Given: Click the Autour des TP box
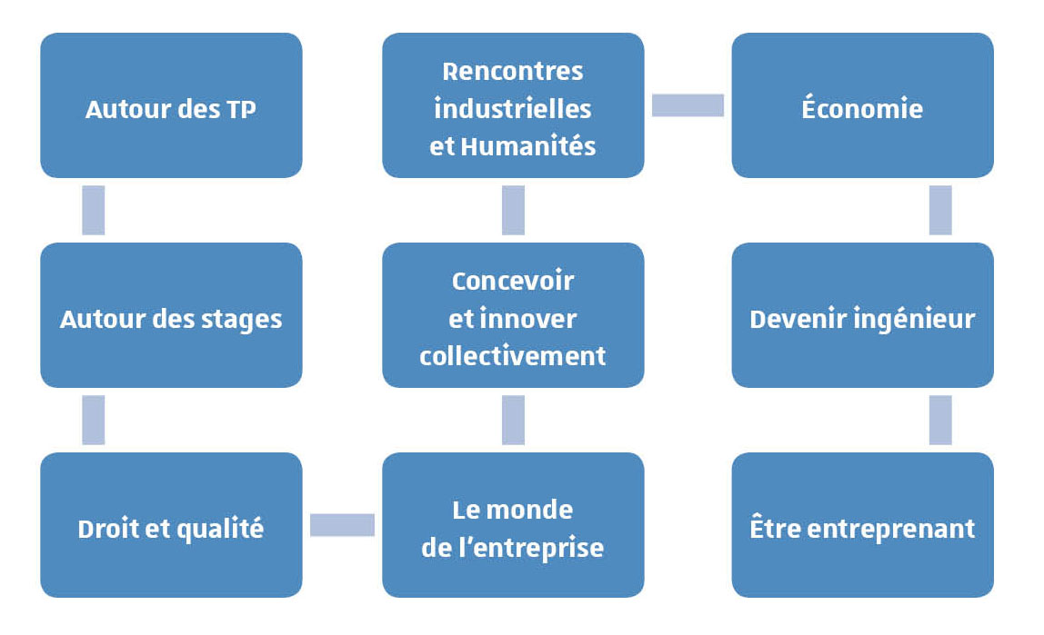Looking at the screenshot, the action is point(171,105).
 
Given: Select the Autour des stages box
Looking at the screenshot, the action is point(171,315).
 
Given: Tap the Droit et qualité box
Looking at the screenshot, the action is point(171,524).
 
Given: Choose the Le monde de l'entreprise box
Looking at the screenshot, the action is point(513,524).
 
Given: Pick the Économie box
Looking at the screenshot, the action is point(862,105).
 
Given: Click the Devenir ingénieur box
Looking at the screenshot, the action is point(862,315).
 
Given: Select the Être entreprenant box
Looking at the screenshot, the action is point(862,524).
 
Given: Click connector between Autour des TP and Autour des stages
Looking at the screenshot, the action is point(93,210).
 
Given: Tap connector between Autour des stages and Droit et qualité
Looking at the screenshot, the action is point(93,421).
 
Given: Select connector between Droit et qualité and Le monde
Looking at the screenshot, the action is point(342,524).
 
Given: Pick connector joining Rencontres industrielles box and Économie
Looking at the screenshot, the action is point(688,105).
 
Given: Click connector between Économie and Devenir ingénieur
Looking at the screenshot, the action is point(940,210).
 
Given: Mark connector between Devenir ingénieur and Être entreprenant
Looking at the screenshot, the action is point(940,421).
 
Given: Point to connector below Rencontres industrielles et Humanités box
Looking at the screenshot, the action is point(513,210).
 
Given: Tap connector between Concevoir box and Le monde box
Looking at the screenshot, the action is point(513,421).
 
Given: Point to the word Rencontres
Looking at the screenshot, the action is point(513,71).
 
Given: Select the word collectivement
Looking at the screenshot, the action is point(513,356).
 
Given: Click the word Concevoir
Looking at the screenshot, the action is point(513,281).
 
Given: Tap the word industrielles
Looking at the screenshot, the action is point(513,108).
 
